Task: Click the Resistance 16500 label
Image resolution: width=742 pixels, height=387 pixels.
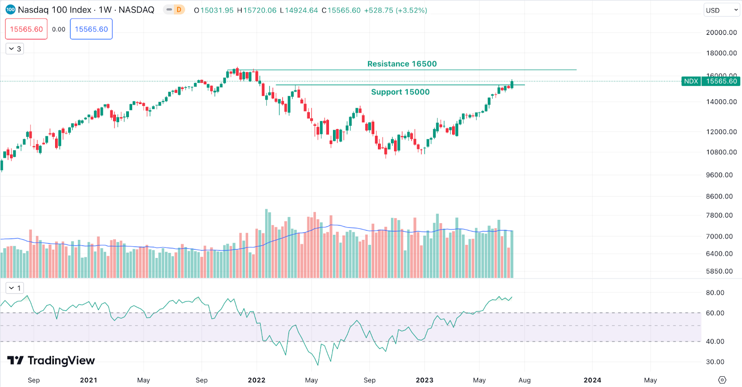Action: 402,64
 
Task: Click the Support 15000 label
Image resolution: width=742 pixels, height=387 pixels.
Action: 400,92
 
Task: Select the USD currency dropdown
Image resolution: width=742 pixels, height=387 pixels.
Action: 721,10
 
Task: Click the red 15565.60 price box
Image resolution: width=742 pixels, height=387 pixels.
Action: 26,29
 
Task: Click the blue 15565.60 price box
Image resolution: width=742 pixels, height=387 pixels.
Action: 91,29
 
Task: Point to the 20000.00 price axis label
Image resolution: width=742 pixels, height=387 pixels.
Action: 721,32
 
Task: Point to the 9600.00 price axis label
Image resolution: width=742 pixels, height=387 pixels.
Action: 719,175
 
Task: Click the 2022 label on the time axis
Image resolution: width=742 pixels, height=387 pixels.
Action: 256,380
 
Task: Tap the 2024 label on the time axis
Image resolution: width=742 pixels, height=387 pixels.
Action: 592,380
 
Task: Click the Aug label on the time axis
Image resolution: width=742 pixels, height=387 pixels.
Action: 525,380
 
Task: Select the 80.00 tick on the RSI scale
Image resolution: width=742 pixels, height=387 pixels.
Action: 715,293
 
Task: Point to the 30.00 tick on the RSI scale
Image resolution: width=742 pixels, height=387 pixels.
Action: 715,362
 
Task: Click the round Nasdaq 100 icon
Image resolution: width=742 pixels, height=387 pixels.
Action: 10,10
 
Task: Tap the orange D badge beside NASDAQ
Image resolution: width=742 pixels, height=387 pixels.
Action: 179,10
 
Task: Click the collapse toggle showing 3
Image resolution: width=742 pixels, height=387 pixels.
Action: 15,49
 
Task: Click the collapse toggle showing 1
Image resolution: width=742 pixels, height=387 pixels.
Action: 15,288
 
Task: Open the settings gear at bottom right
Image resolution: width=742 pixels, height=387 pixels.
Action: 722,380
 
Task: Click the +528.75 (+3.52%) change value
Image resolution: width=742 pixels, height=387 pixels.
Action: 395,10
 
